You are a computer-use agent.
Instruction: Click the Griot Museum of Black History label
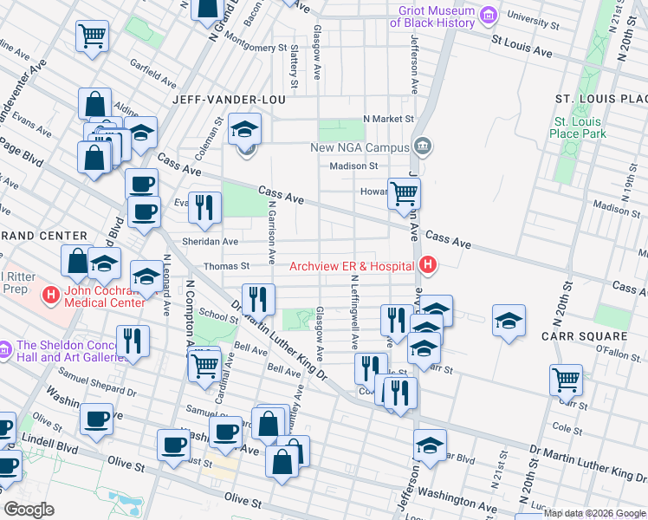point(437,16)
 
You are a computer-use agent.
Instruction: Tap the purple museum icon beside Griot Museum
point(489,16)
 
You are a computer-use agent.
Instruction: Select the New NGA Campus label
point(360,147)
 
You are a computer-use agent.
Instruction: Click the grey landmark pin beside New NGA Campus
point(422,146)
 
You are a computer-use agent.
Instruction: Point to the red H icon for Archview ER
point(426,265)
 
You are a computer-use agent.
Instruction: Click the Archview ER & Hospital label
point(352,266)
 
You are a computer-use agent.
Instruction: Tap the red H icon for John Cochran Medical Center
point(51,296)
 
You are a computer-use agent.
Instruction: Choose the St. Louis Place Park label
point(579,127)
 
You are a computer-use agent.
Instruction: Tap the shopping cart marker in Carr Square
point(566,379)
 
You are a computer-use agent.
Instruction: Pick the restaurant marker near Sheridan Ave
point(204,206)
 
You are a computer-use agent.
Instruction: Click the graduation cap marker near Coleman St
point(245,131)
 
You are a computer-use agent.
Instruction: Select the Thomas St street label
point(226,267)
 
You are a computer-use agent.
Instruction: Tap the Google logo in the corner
point(29,510)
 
